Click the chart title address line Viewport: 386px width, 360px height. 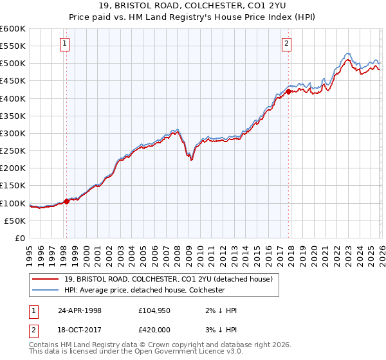coord(192,6)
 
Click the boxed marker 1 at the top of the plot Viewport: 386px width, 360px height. coord(66,44)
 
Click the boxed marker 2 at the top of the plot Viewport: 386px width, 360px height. coord(286,44)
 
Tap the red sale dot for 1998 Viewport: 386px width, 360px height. coord(66,201)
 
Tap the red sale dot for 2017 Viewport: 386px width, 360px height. coord(288,91)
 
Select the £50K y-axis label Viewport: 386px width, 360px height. coord(14,221)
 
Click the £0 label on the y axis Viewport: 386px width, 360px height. coord(19,238)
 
